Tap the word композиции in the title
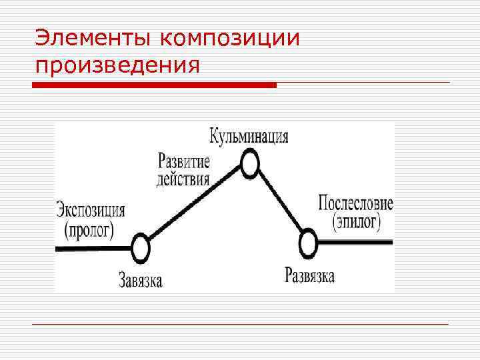click(229, 39)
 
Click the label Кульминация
click(249, 137)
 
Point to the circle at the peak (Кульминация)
click(249, 164)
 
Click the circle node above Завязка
click(140, 248)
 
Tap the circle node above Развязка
click(307, 243)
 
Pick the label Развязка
click(310, 275)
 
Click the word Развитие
click(184, 161)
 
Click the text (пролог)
click(89, 229)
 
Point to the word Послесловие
click(356, 203)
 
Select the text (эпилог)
click(355, 221)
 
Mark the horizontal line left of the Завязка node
click(93, 248)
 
